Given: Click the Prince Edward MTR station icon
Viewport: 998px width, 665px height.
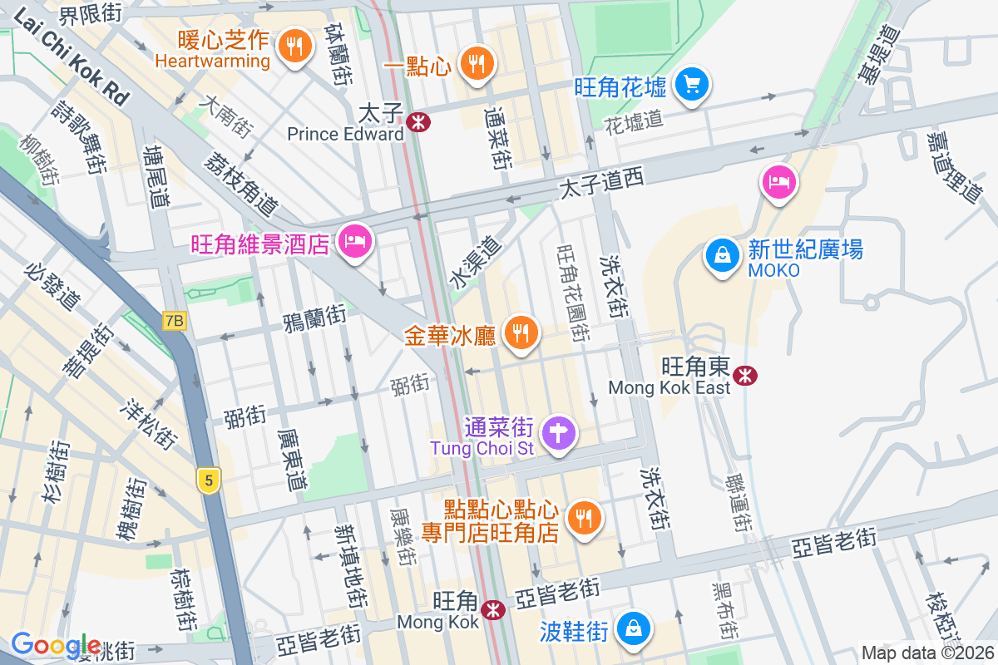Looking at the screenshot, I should coord(418,122).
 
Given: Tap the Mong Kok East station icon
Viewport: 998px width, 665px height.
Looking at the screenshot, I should coord(746,376).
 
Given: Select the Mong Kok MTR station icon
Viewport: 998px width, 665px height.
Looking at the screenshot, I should coord(494,610).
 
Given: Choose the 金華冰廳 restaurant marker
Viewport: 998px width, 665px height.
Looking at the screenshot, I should coord(521,333).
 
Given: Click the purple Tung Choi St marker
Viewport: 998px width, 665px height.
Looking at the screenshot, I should coord(559,432).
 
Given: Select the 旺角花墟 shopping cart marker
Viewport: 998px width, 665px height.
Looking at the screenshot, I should coord(691,83).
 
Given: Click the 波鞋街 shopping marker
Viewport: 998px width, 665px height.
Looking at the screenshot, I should coord(634,628).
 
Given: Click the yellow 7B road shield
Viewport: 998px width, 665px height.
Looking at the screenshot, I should coord(174,320).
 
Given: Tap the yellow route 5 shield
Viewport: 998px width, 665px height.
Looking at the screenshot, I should coord(210,480).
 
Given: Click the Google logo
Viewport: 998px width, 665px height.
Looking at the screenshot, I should coord(57,645).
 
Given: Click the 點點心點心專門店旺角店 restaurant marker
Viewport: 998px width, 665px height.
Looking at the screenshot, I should coord(584,517).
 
